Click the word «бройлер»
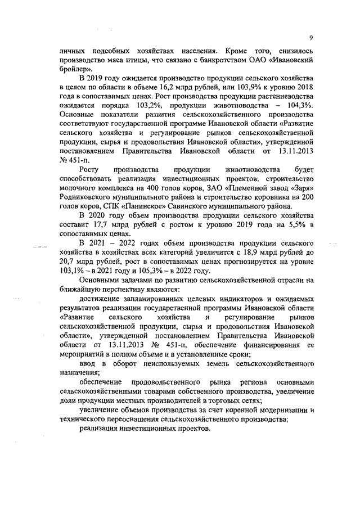[x=75, y=67]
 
